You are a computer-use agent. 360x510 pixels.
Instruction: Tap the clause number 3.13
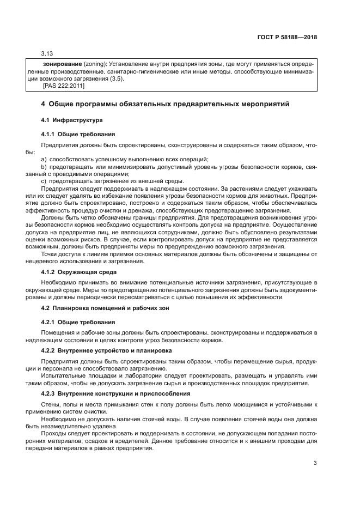point(47,54)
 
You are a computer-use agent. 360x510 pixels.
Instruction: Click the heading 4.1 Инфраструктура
point(72,120)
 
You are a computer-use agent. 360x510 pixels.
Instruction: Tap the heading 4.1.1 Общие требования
point(78,134)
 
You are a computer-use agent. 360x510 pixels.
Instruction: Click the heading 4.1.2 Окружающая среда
point(78,272)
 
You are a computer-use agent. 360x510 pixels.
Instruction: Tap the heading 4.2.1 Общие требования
point(78,322)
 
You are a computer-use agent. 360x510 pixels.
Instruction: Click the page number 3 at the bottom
point(315,463)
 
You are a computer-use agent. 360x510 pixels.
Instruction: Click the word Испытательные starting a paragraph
point(65,375)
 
